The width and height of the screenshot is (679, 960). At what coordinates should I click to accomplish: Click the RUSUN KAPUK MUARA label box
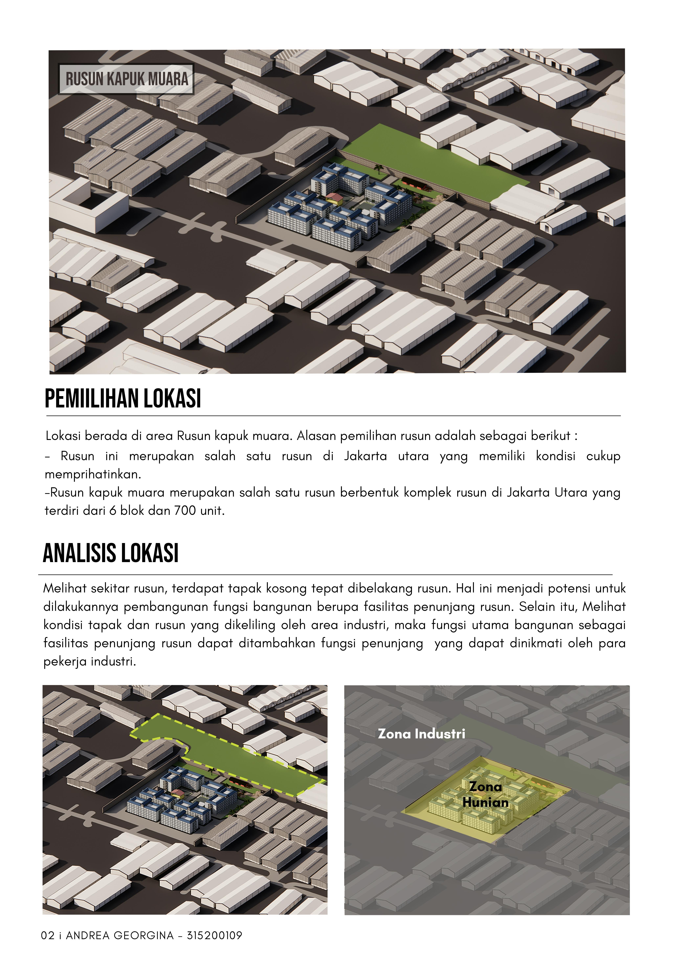126,79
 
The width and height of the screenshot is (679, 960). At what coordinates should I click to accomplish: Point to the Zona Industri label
421,734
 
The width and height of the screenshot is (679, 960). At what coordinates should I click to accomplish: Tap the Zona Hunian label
485,794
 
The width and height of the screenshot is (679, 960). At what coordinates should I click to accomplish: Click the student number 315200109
215,935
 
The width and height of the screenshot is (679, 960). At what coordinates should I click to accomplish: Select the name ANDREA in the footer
88,935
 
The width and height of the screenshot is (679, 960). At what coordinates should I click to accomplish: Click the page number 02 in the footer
47,935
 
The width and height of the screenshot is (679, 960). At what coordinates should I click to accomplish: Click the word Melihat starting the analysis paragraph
65,589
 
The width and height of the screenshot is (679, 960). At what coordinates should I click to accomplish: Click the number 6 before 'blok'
112,511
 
